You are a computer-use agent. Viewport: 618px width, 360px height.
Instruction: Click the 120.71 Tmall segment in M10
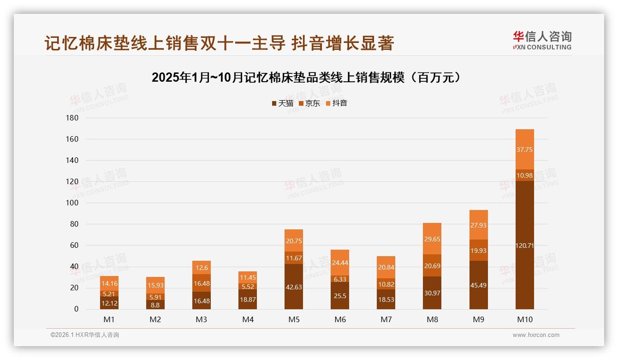coord(524,245)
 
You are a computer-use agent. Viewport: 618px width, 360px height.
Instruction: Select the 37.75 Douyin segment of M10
coord(524,150)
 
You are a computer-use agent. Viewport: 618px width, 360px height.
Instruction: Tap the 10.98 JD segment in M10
coord(524,175)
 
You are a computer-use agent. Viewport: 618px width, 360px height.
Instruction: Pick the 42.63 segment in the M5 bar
coord(294,287)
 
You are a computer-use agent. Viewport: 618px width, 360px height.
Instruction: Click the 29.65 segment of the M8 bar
coord(432,239)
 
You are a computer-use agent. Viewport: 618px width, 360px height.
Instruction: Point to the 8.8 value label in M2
coord(155,305)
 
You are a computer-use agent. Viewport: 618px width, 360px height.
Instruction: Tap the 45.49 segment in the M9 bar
coord(478,285)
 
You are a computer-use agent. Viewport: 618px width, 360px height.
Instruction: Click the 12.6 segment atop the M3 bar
coord(202,268)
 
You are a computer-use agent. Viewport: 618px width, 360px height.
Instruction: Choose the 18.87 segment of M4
coord(248,299)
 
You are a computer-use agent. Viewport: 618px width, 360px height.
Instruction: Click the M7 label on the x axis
coord(386,319)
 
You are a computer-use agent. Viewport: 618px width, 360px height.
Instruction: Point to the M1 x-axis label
coord(109,319)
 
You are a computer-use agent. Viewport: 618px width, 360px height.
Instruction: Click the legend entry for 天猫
coord(282,103)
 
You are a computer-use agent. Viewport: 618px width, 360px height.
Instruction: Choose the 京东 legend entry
coord(309,103)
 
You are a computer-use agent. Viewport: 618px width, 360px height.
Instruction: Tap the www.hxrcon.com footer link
coord(536,335)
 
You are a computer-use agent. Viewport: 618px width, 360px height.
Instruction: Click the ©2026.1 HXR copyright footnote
coord(85,335)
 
